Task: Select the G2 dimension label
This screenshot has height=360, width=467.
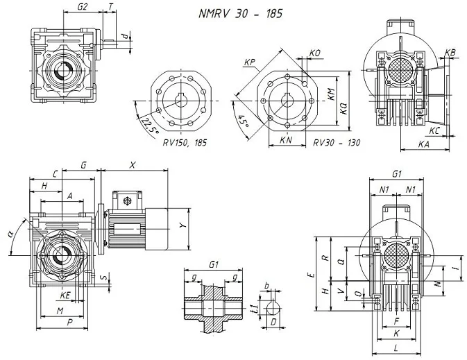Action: pyautogui.click(x=83, y=6)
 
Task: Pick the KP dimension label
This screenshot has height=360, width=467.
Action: pyautogui.click(x=249, y=62)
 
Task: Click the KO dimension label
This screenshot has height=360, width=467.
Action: pyautogui.click(x=314, y=53)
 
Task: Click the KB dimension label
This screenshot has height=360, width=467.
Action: pyautogui.click(x=450, y=53)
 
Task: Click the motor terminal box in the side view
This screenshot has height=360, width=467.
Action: pyautogui.click(x=127, y=201)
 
